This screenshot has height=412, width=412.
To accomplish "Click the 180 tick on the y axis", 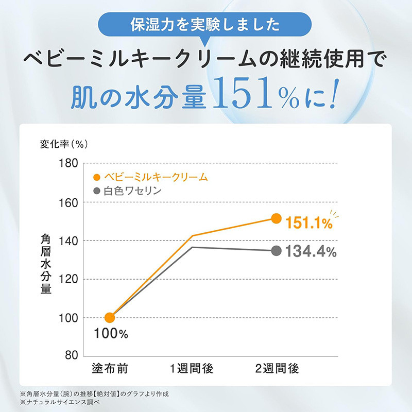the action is point(68,163).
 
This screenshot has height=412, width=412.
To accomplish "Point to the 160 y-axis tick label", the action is point(68,202).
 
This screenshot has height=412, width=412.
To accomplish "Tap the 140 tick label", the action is point(68,241).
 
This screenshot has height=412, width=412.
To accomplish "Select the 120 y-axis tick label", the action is point(68,279).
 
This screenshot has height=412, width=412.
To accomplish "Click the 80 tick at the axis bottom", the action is point(72,355).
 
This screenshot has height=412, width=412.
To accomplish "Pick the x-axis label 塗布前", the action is point(110,368).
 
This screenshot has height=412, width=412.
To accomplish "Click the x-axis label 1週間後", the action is point(192,368).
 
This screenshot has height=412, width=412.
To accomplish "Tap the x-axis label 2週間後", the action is point(277,368).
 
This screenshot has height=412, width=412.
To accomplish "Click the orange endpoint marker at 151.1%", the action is point(276,218).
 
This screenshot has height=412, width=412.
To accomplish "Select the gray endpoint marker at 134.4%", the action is point(276,251).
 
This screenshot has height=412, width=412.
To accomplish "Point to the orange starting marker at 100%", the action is point(110,318).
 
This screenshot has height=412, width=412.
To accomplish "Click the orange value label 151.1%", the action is point(309,223).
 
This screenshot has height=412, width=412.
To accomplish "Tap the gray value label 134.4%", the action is point(311,251).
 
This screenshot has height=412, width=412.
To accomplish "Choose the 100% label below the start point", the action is point(111,334).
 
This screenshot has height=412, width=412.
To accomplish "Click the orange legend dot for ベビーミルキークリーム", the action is point(97,177).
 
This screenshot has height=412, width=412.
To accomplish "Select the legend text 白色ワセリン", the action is point(132,191).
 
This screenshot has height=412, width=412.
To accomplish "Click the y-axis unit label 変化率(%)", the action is point(64,144).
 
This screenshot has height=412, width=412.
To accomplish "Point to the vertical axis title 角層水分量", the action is point(46,264).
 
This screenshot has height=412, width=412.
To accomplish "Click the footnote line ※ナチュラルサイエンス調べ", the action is point(60,402).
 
